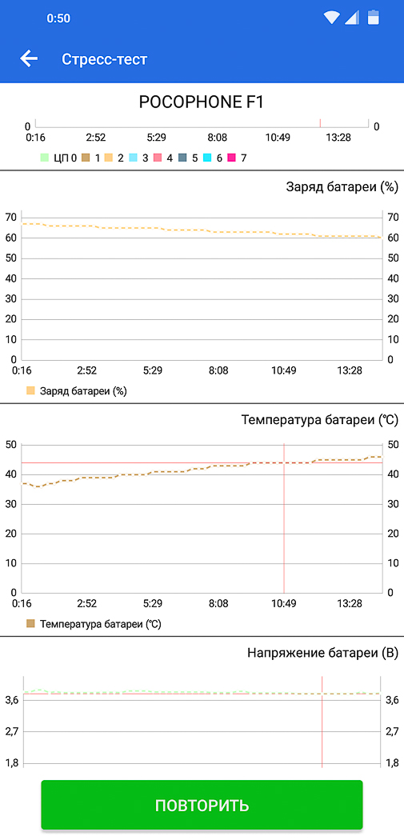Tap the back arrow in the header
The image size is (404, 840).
tap(29, 58)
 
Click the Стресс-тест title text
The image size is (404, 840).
tap(104, 59)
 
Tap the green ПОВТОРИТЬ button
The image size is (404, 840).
tap(202, 805)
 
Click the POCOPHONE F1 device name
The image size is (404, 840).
tap(202, 102)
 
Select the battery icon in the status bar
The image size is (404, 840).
tap(373, 17)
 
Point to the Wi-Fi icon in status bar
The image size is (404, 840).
tap(332, 18)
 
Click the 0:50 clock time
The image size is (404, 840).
tap(58, 18)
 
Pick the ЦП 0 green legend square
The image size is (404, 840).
tap(45, 158)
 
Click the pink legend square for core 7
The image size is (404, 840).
tap(231, 158)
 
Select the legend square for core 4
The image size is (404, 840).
tap(157, 158)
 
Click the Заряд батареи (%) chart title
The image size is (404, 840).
tap(342, 187)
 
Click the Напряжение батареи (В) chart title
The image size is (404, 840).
tap(324, 653)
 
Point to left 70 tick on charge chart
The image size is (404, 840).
tap(10, 218)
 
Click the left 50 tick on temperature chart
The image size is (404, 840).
tap(10, 445)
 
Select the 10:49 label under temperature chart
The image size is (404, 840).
tap(283, 604)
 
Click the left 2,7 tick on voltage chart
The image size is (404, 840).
tap(12, 731)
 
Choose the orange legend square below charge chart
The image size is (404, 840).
tap(30, 391)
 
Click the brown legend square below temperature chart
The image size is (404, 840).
tap(30, 624)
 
